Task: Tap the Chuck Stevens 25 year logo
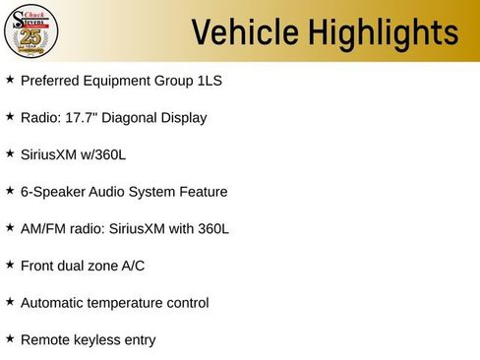31,31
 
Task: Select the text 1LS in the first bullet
210,80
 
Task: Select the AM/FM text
44,228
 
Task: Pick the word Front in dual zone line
39,266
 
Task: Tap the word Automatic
55,303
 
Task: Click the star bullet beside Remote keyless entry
10,338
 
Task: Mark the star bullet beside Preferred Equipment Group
10,79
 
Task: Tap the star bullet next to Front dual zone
10,265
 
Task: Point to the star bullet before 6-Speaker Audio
10,190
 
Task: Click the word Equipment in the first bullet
118,80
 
